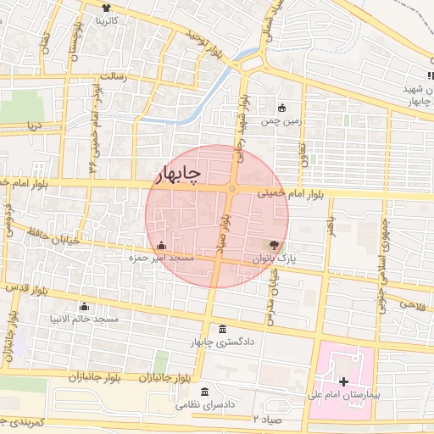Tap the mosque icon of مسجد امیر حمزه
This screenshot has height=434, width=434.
(162, 245)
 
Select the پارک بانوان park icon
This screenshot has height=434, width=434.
(272, 244)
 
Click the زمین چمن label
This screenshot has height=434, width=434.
(281, 121)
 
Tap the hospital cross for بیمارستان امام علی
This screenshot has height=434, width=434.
(343, 382)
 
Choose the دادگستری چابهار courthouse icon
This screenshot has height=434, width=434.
(222, 329)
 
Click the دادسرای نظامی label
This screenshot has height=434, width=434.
(205, 405)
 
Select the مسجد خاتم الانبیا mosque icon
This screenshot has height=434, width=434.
(84, 306)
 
